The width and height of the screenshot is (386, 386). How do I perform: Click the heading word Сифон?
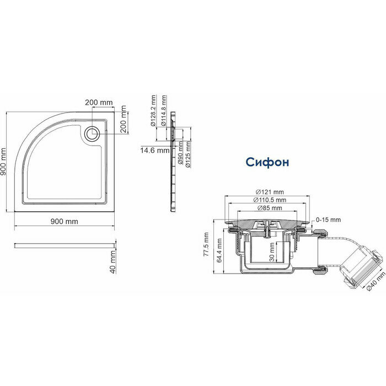267,163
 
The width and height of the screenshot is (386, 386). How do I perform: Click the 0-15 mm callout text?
325,221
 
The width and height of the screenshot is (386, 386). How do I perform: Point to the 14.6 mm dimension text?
154,150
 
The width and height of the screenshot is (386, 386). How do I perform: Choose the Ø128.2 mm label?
154,111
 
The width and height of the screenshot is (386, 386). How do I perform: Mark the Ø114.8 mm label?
164,112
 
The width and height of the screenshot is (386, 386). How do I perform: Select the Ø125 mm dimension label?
189,155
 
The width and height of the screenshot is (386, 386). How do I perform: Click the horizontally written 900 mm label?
65,221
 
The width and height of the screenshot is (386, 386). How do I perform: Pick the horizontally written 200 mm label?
99,103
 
